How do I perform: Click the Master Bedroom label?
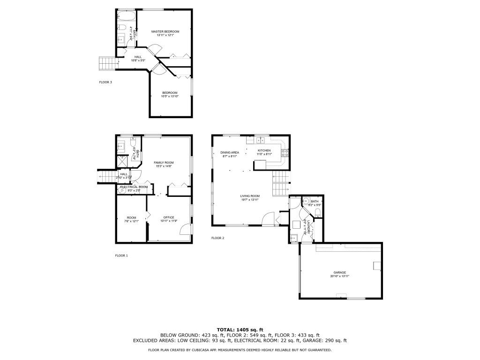(165, 31)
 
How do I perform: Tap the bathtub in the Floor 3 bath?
(126, 16)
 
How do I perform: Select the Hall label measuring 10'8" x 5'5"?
(138, 57)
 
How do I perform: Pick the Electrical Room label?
(134, 187)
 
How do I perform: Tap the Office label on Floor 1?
(169, 217)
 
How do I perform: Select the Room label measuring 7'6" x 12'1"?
(131, 217)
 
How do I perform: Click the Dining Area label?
(230, 152)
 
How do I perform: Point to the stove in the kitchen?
(285, 152)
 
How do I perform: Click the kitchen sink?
(261, 140)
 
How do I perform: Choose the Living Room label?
(250, 196)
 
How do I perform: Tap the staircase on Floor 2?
(280, 183)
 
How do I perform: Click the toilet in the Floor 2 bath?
(318, 213)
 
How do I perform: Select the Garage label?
(340, 272)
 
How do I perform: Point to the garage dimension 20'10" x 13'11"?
(340, 277)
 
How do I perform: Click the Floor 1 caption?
(121, 255)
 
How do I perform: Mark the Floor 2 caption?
(217, 238)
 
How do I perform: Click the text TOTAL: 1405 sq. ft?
(240, 330)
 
